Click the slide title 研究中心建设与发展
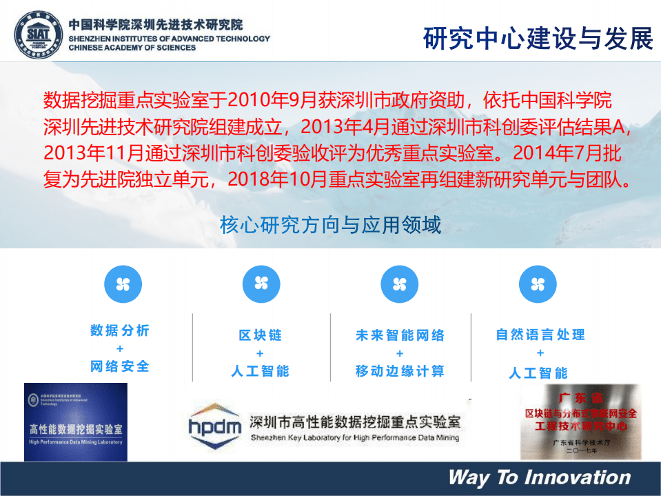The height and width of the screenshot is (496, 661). tap(538, 39)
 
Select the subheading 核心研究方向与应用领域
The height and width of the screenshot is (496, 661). tap(330, 225)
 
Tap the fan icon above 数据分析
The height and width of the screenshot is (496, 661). tap(122, 283)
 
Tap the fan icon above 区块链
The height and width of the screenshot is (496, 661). tap(261, 283)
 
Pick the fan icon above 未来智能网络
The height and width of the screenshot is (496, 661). tap(400, 283)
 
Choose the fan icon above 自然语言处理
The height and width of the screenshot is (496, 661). tap(538, 283)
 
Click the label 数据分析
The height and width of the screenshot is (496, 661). tap(120, 330)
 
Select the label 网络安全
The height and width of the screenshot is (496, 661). tap(120, 366)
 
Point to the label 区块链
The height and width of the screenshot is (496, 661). tap(261, 335)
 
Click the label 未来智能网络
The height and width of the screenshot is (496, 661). tap(400, 335)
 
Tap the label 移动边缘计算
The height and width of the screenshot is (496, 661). tap(400, 371)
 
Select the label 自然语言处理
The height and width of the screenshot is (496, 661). tap(540, 335)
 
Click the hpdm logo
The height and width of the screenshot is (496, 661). tap(215, 423)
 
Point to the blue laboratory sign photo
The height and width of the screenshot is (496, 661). tap(76, 421)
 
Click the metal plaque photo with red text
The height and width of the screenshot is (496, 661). tap(580, 421)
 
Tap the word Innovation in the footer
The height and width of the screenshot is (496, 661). tap(578, 477)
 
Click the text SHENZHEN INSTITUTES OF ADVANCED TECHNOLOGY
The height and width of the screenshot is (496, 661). tap(169, 39)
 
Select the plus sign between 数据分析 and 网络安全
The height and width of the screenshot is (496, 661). tap(120, 349)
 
